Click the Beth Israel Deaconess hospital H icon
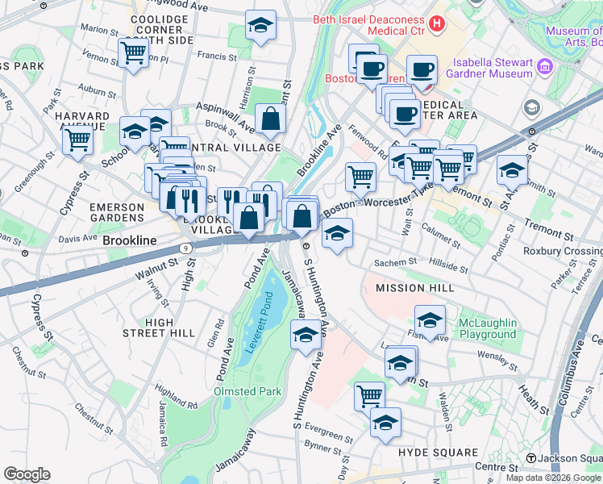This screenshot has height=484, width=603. (x=437, y=23)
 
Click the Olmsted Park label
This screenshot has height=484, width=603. (x=246, y=391)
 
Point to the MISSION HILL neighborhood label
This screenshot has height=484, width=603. (x=410, y=287)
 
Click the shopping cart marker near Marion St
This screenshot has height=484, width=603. (x=133, y=52)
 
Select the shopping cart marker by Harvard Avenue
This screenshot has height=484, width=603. (x=78, y=140)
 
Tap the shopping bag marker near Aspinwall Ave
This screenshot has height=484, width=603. (x=270, y=119)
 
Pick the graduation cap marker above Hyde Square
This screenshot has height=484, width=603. (x=386, y=423)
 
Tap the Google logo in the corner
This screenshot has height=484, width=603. (x=27, y=474)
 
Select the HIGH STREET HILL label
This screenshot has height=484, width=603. (x=159, y=328)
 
